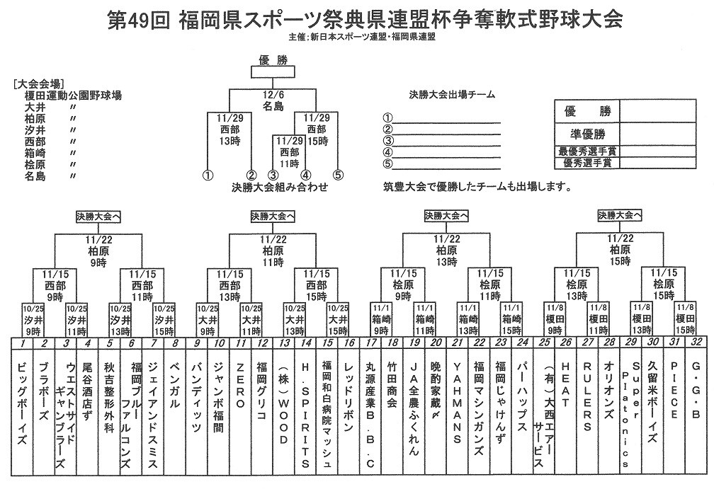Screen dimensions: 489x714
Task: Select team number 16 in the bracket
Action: point(348,343)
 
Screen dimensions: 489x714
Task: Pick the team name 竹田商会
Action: point(392,389)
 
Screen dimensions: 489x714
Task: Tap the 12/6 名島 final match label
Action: point(273,101)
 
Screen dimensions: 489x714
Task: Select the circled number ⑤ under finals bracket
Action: point(338,174)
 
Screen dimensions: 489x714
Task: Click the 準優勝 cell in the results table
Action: point(586,134)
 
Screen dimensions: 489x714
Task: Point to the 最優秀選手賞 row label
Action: point(586,151)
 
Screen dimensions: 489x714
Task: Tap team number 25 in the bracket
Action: point(543,343)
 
